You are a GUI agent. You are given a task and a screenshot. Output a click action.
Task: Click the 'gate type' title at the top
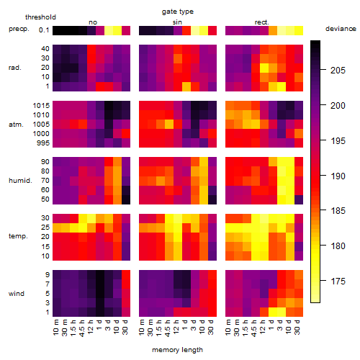(x=178, y=12)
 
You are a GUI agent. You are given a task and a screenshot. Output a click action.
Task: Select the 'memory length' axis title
(x=177, y=350)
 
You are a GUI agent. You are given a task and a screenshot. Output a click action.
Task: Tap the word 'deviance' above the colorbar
(x=341, y=29)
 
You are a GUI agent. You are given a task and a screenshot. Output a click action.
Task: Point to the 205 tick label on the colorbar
(x=338, y=71)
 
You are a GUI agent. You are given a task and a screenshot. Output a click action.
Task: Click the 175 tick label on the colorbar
(x=338, y=281)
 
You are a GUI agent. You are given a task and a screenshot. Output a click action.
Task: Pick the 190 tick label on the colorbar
(x=338, y=176)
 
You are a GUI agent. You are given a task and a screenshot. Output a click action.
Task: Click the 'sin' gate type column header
(x=177, y=22)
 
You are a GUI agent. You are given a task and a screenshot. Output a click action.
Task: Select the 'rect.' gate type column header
(x=261, y=22)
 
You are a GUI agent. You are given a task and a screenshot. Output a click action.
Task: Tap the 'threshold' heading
(x=40, y=17)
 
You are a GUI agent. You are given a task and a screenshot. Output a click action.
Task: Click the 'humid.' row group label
(x=20, y=181)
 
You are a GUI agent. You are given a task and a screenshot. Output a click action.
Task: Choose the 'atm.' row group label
(x=16, y=125)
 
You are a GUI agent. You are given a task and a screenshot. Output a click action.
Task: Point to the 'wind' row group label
(x=17, y=294)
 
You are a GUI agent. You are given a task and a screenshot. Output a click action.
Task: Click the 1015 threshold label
(x=41, y=106)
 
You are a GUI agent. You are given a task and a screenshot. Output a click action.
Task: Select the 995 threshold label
(x=43, y=143)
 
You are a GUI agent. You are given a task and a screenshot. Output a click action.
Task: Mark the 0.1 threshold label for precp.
(x=44, y=30)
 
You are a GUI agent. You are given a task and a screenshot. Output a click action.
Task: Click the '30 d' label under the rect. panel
(x=297, y=327)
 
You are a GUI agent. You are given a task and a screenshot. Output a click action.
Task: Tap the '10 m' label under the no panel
(x=55, y=327)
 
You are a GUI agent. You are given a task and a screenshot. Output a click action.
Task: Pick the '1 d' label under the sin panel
(x=184, y=325)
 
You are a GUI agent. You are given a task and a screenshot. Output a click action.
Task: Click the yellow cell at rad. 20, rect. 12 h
(x=264, y=68)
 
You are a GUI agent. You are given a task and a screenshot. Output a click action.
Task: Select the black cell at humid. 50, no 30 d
(x=126, y=199)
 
